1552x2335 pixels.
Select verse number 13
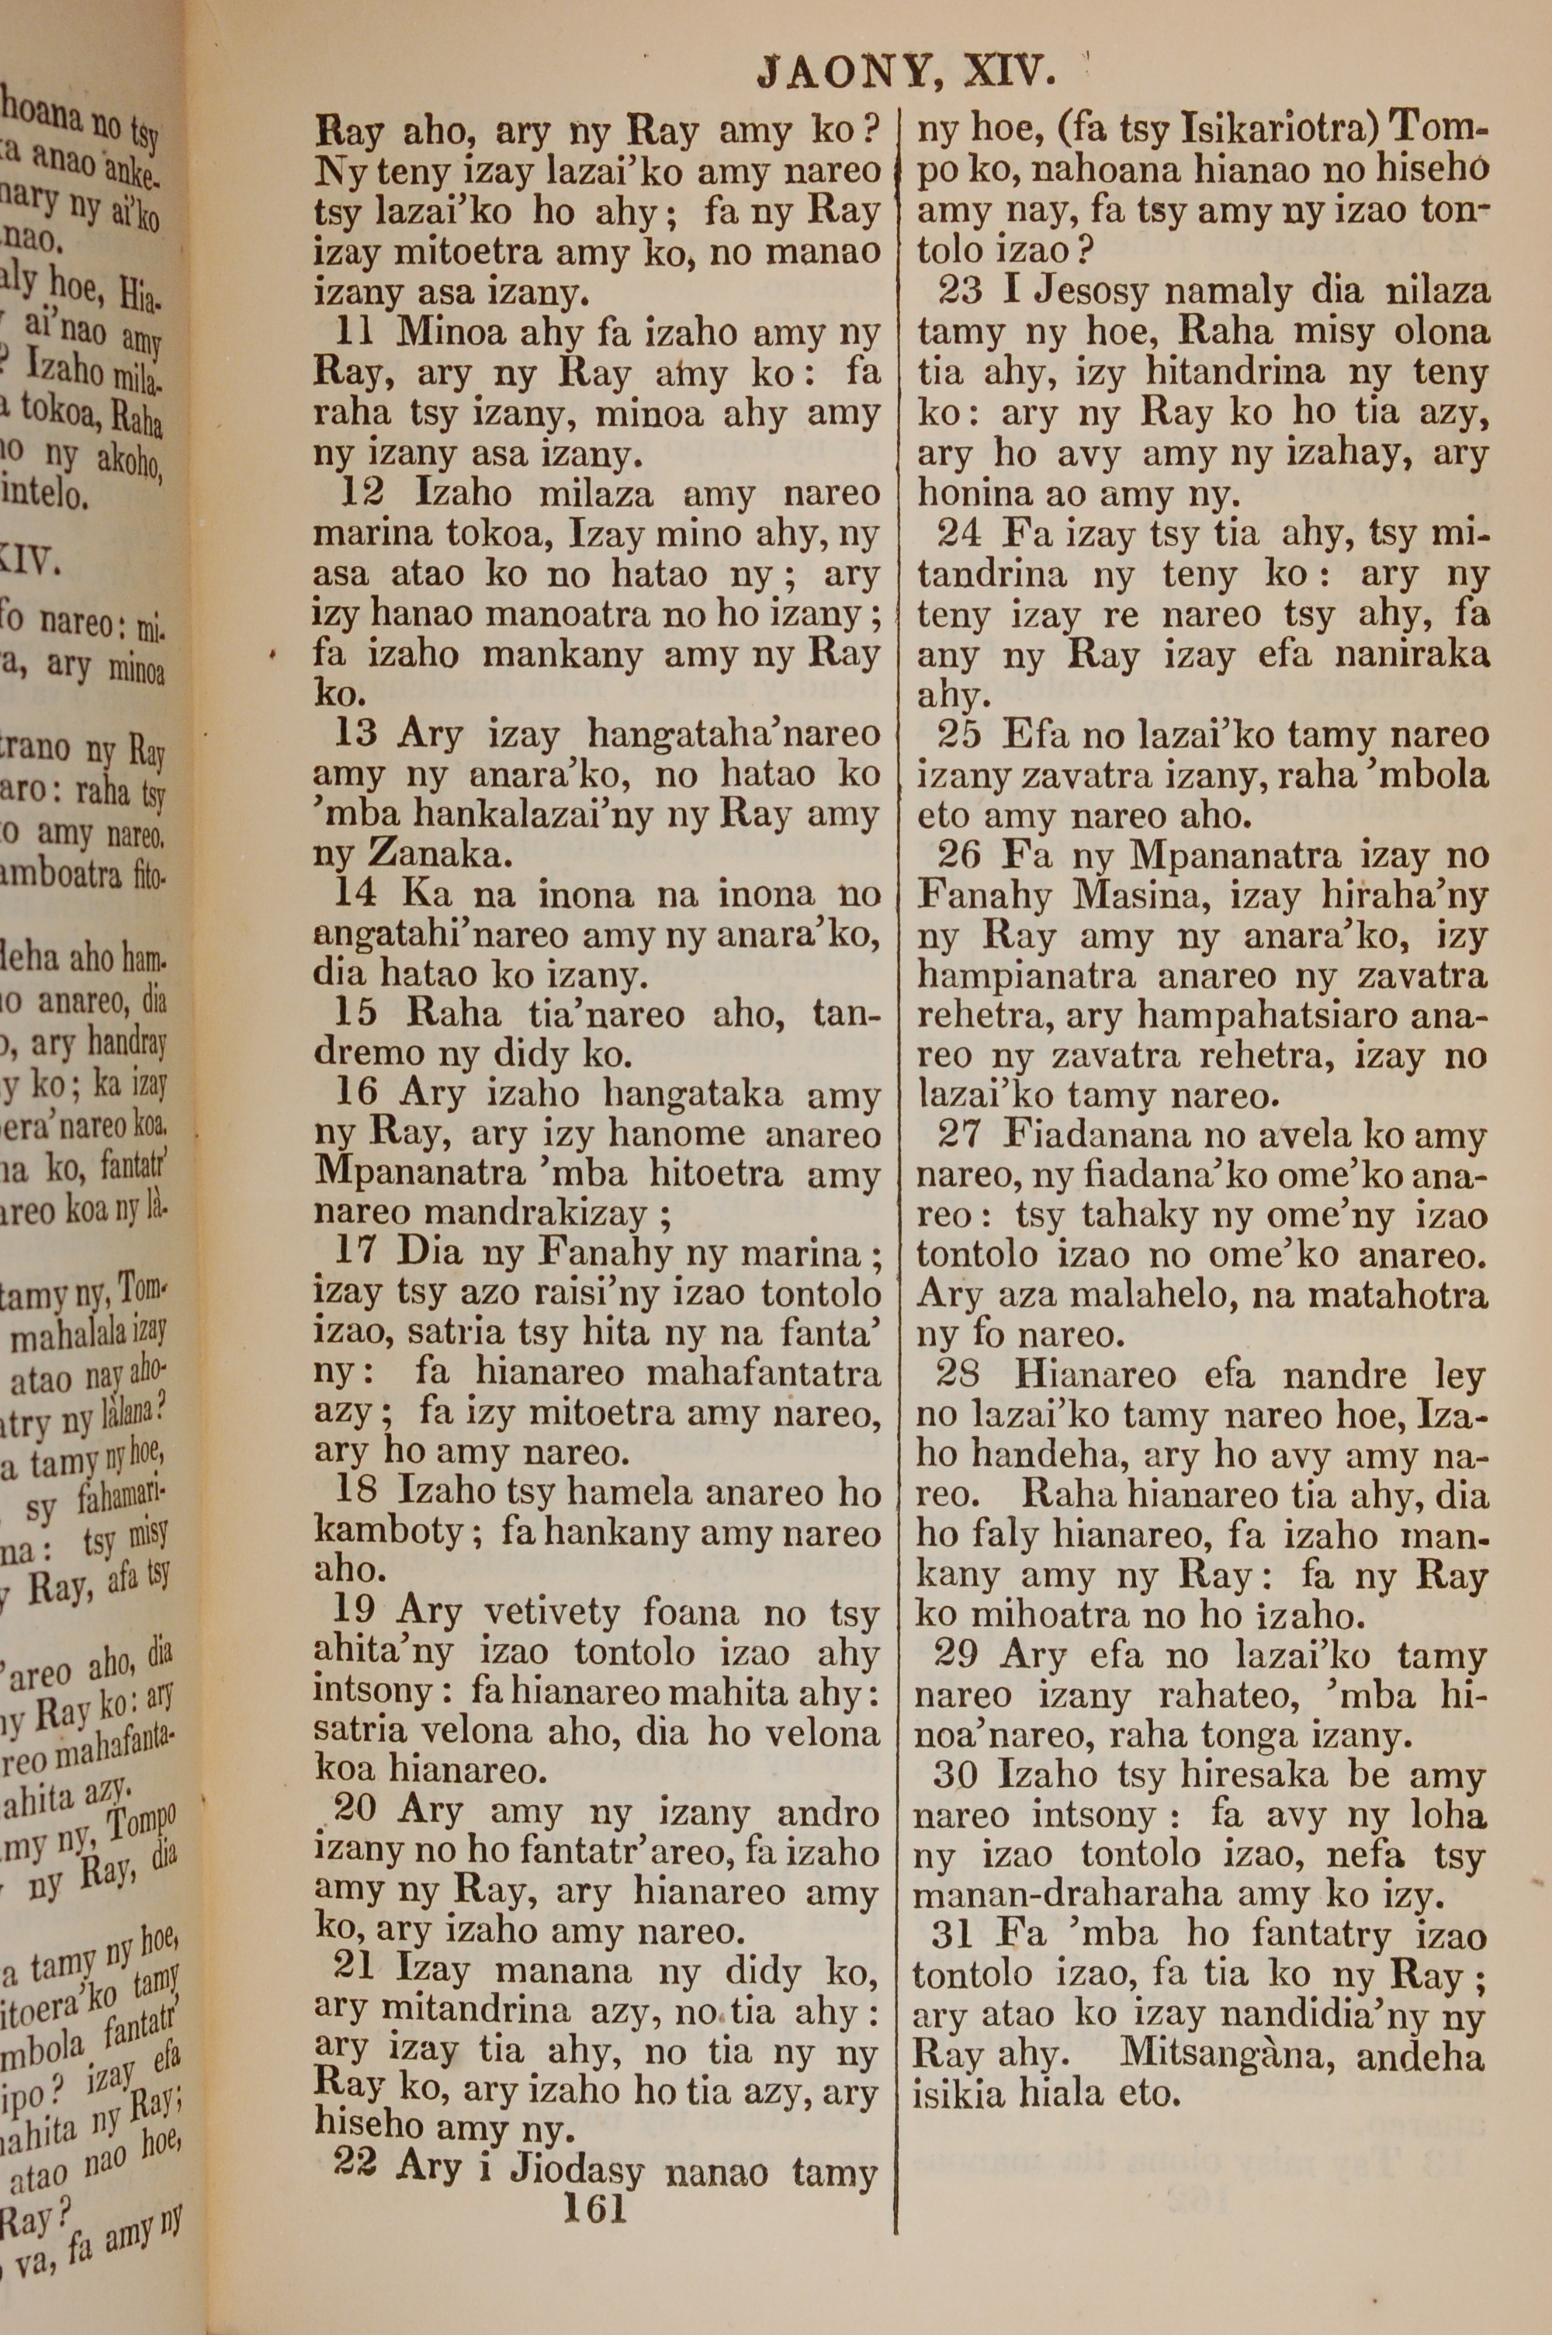point(355,734)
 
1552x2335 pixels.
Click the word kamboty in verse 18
point(388,1533)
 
